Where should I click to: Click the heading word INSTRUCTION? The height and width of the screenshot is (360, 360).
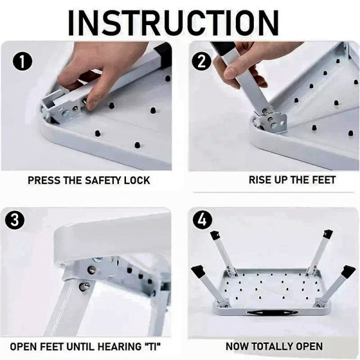click(173, 23)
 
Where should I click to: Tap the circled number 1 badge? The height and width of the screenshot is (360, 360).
click(22, 62)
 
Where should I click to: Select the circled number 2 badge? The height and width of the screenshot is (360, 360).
click(202, 62)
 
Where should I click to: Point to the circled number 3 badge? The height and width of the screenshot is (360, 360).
click(15, 220)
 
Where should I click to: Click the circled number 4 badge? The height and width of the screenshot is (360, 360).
click(203, 220)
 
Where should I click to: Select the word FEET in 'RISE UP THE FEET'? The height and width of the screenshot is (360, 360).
click(323, 180)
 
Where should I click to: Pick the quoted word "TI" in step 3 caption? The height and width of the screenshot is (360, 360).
click(152, 346)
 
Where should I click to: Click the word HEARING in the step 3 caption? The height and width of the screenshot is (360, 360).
click(119, 346)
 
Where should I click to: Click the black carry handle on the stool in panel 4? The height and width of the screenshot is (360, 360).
click(272, 313)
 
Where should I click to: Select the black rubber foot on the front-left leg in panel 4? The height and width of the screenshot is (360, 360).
click(199, 272)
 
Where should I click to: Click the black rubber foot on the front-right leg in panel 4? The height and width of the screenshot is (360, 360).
click(347, 272)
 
